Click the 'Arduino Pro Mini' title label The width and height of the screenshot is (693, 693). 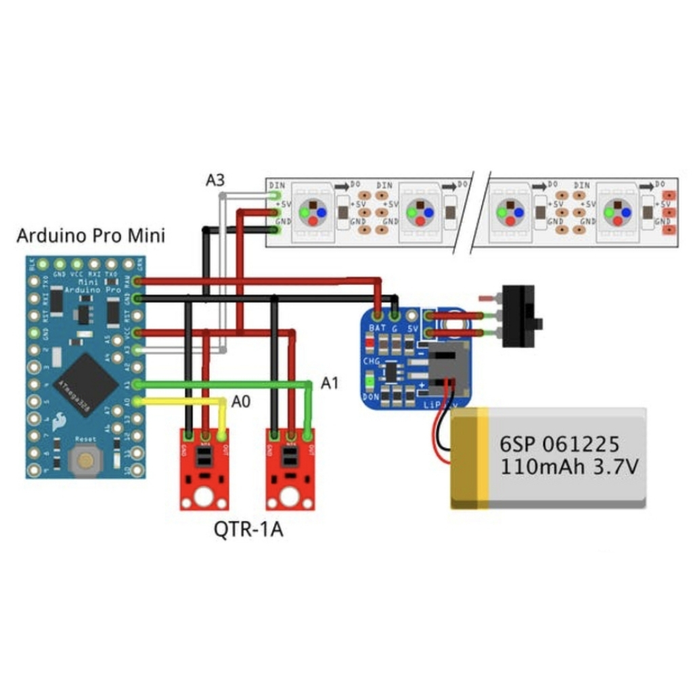tap(91, 236)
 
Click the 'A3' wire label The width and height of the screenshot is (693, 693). tap(215, 181)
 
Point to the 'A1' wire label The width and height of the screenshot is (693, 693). tap(330, 384)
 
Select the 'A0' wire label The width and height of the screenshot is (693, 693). tap(240, 402)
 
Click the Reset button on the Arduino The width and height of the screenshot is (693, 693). tap(85, 462)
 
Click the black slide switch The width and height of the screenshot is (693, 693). tap(519, 316)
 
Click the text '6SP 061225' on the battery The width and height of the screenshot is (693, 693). tap(559, 444)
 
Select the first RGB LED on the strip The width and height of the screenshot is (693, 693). tap(313, 212)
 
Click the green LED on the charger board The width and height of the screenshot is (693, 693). tap(370, 383)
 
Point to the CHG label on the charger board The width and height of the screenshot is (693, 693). tap(372, 361)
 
